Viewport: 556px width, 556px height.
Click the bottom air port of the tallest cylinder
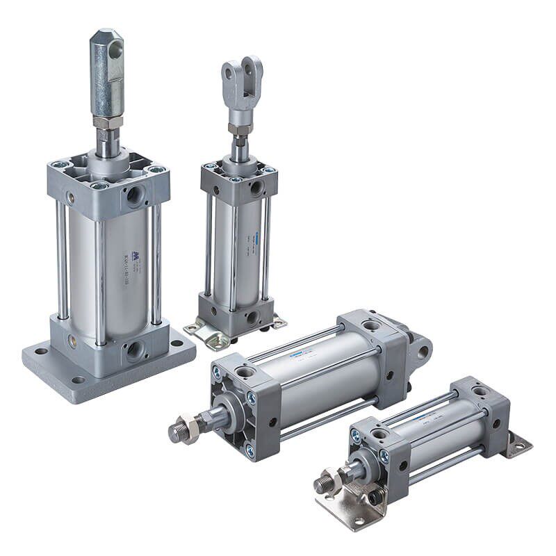pyautogui.click(x=133, y=349)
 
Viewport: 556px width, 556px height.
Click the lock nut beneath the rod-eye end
pyautogui.click(x=107, y=122)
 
